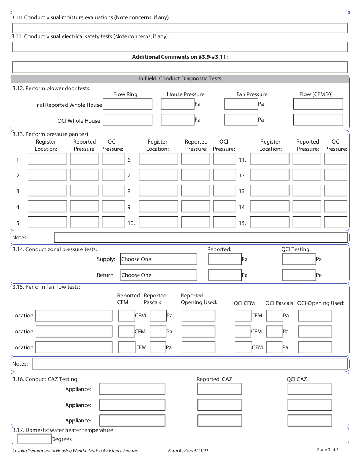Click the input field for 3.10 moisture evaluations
[x=180, y=28]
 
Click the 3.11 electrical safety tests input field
[x=180, y=47]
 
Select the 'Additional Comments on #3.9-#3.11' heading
[x=180, y=57]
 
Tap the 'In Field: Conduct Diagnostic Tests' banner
[x=180, y=79]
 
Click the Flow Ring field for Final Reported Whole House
[x=128, y=104]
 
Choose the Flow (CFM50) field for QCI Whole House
[x=318, y=120]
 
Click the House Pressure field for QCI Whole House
[x=178, y=120]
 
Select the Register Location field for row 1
[x=47, y=159]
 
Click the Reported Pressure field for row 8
[x=195, y=191]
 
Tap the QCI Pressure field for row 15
[x=335, y=222]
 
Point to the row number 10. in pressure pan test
[x=131, y=223]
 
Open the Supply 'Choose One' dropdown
[x=159, y=259]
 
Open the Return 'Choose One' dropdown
[x=159, y=275]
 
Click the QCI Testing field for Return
[x=299, y=275]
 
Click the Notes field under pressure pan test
[x=201, y=238]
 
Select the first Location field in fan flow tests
[x=74, y=316]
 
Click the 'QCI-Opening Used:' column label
[x=321, y=303]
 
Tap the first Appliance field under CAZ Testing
[x=132, y=389]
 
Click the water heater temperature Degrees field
[x=34, y=439]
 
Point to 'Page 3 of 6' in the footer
[x=328, y=450]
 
